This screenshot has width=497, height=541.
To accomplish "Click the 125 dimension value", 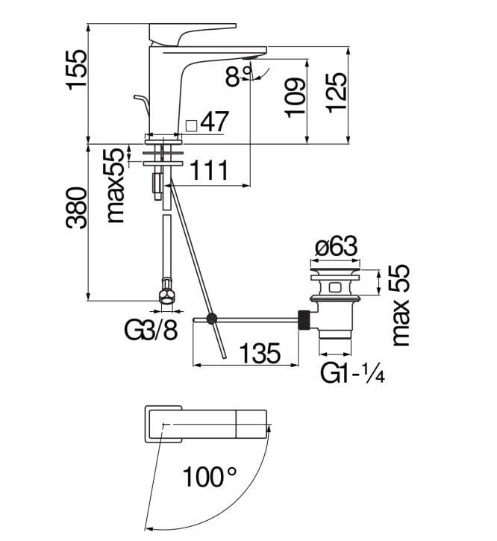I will tap(337, 93).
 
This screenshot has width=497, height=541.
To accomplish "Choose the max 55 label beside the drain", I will tap(401, 304).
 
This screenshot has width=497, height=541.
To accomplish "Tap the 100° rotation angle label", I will tap(211, 475).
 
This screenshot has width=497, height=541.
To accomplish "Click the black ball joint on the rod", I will tap(211, 319).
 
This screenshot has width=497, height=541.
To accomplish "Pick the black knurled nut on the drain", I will tap(304, 319).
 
